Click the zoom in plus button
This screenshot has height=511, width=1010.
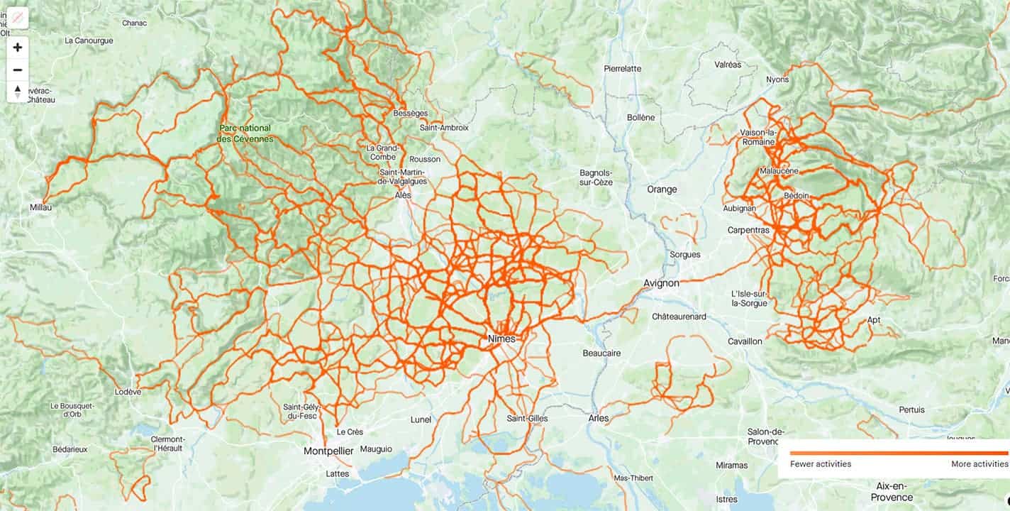tap(18, 48)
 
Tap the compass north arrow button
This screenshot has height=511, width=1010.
tap(18, 92)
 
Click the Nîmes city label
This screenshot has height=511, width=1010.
tap(502, 339)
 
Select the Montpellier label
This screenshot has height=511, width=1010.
tap(328, 451)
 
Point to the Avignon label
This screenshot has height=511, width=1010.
tap(661, 283)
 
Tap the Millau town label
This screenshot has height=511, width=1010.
tap(41, 207)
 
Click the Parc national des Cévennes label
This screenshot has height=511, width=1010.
tap(245, 133)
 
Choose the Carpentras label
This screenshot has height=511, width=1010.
tap(749, 230)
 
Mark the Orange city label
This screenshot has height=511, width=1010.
tap(662, 189)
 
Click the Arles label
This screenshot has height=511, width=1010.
tap(599, 418)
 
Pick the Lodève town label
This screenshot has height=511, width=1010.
tap(128, 391)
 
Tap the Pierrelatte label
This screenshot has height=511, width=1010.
tap(622, 69)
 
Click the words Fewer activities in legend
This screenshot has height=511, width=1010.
tap(821, 464)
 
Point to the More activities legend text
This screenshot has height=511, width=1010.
tap(979, 464)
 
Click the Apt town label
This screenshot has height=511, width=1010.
tap(874, 320)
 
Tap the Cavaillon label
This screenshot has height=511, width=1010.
tap(745, 341)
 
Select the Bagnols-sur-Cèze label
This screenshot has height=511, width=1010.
tap(596, 177)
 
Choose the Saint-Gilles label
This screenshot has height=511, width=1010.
tap(527, 419)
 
